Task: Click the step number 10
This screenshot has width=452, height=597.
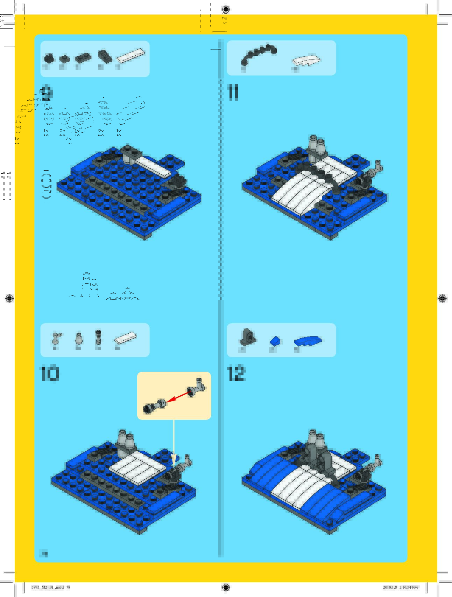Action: [x=50, y=374]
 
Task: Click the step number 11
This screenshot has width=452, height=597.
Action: [x=233, y=92]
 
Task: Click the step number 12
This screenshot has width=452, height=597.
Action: [x=236, y=374]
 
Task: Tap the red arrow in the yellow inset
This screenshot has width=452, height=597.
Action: [x=178, y=397]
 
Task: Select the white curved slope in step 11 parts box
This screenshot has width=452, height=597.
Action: [x=306, y=61]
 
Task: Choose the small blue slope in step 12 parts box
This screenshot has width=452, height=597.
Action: [x=275, y=341]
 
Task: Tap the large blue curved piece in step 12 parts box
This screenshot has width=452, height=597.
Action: [x=308, y=341]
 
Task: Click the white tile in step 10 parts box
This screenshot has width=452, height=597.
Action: [x=125, y=338]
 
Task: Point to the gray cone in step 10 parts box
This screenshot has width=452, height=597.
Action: [x=79, y=339]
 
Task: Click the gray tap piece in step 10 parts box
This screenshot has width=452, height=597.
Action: [x=57, y=338]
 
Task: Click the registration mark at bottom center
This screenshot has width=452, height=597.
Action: [x=226, y=587]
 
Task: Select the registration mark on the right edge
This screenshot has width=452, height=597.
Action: [x=442, y=298]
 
